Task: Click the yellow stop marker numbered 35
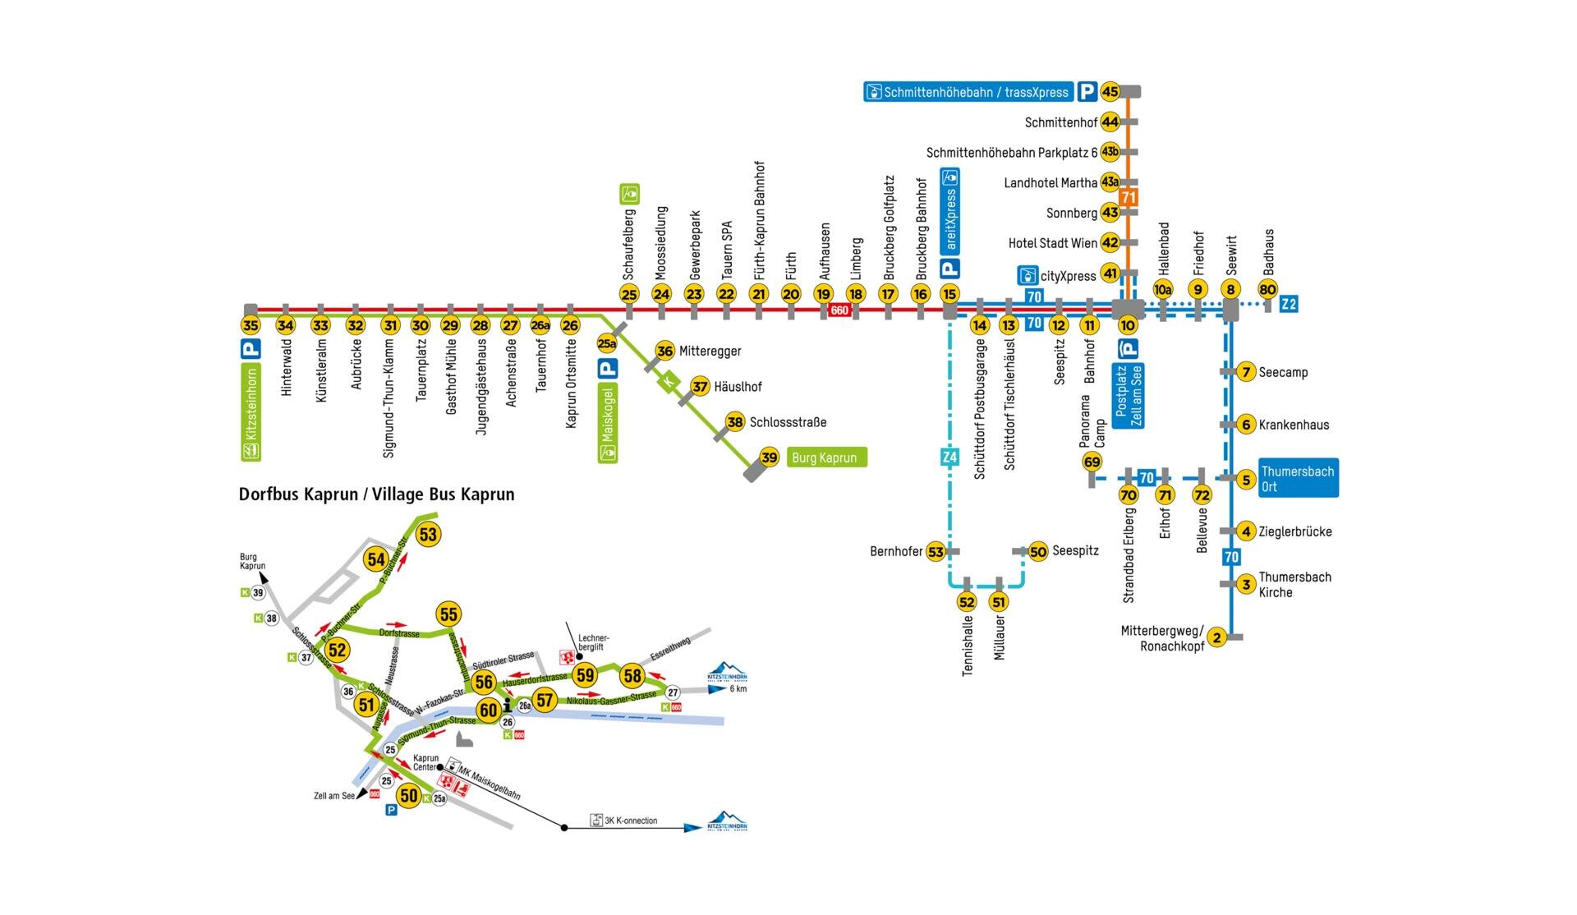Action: point(251,325)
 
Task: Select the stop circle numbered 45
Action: point(1110,92)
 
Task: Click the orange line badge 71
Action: point(1129,197)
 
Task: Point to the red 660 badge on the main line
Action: point(839,310)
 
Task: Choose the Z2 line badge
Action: point(1289,304)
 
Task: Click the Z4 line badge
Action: point(949,457)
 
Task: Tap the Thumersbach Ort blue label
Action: point(1298,478)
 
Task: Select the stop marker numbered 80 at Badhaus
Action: point(1267,289)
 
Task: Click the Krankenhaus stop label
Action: point(1294,425)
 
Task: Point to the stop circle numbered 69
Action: point(1092,462)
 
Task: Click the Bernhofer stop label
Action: point(896,551)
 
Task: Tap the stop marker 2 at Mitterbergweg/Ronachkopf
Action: point(1216,637)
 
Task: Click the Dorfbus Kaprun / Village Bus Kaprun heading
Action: point(376,494)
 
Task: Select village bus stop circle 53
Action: point(428,535)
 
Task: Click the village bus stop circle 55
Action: point(448,614)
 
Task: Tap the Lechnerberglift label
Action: point(594,642)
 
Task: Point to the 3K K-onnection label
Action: point(630,821)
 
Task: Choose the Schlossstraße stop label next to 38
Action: point(788,422)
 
